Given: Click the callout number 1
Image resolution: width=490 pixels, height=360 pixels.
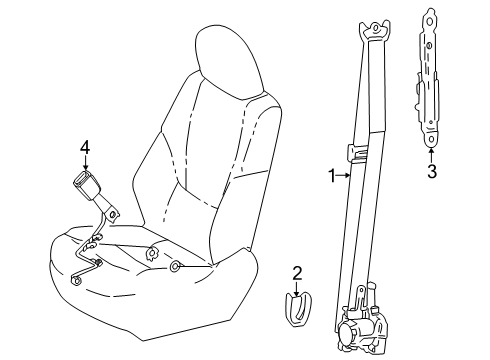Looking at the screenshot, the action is pyautogui.click(x=332, y=176).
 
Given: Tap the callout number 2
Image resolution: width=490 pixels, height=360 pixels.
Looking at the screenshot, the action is pyautogui.click(x=297, y=273).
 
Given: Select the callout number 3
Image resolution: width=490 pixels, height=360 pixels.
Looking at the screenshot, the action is pyautogui.click(x=432, y=171).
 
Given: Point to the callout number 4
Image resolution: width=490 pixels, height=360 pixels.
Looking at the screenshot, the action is pyautogui.click(x=85, y=147).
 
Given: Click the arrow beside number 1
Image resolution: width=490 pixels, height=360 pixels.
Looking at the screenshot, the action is pyautogui.click(x=344, y=175).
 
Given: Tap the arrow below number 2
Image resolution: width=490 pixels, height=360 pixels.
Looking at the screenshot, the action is pyautogui.click(x=296, y=288).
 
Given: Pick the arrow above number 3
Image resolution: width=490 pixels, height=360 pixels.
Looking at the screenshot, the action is pyautogui.click(x=431, y=155).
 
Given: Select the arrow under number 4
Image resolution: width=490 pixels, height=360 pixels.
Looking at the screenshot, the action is pyautogui.click(x=86, y=163).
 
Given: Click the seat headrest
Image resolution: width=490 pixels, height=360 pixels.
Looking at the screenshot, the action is pyautogui.click(x=230, y=62).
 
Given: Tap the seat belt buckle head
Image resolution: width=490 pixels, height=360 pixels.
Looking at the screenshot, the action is pyautogui.click(x=86, y=185).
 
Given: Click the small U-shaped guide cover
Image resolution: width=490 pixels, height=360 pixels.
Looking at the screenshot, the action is pyautogui.click(x=298, y=309).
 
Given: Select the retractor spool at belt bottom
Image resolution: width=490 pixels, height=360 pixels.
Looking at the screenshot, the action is pyautogui.click(x=347, y=333).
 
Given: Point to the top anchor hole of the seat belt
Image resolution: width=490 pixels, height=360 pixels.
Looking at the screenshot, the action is pyautogui.click(x=375, y=28).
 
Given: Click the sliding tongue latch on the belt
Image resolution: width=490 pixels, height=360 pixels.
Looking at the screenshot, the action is pyautogui.click(x=357, y=153).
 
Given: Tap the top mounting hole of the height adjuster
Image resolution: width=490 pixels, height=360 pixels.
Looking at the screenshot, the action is pyautogui.click(x=430, y=22).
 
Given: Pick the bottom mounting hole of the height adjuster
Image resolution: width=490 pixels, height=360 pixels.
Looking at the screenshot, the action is pyautogui.click(x=431, y=139).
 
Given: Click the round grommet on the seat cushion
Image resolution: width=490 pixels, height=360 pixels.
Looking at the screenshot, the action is pyautogui.click(x=175, y=266).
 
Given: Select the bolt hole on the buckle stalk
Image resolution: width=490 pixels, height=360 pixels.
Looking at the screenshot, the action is pyautogui.click(x=113, y=214).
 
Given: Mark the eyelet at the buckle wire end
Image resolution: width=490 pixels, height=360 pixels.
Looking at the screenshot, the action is pyautogui.click(x=77, y=281).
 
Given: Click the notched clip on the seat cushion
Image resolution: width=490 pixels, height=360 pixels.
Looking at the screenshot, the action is pyautogui.click(x=152, y=253).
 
